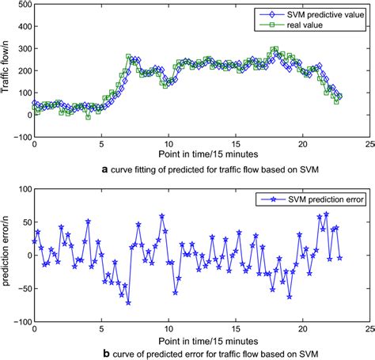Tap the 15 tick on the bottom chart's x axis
click(235, 329)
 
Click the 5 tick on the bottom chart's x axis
click(101, 329)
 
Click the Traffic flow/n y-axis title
click(7, 72)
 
